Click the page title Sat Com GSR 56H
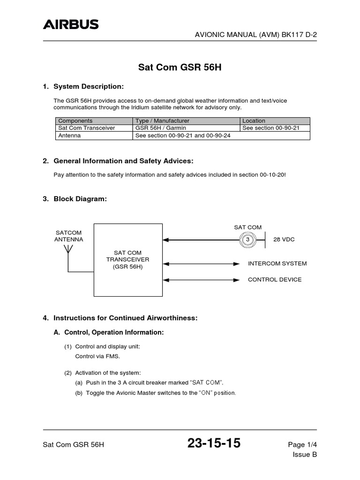[x=180, y=67]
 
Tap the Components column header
[x=75, y=120]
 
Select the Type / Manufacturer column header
[x=162, y=120]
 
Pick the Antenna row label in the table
[x=69, y=135]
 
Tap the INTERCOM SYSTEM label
[x=277, y=263]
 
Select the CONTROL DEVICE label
[x=275, y=279]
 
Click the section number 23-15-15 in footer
[x=214, y=443]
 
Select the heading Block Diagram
[x=80, y=199]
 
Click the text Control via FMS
[x=97, y=356]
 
